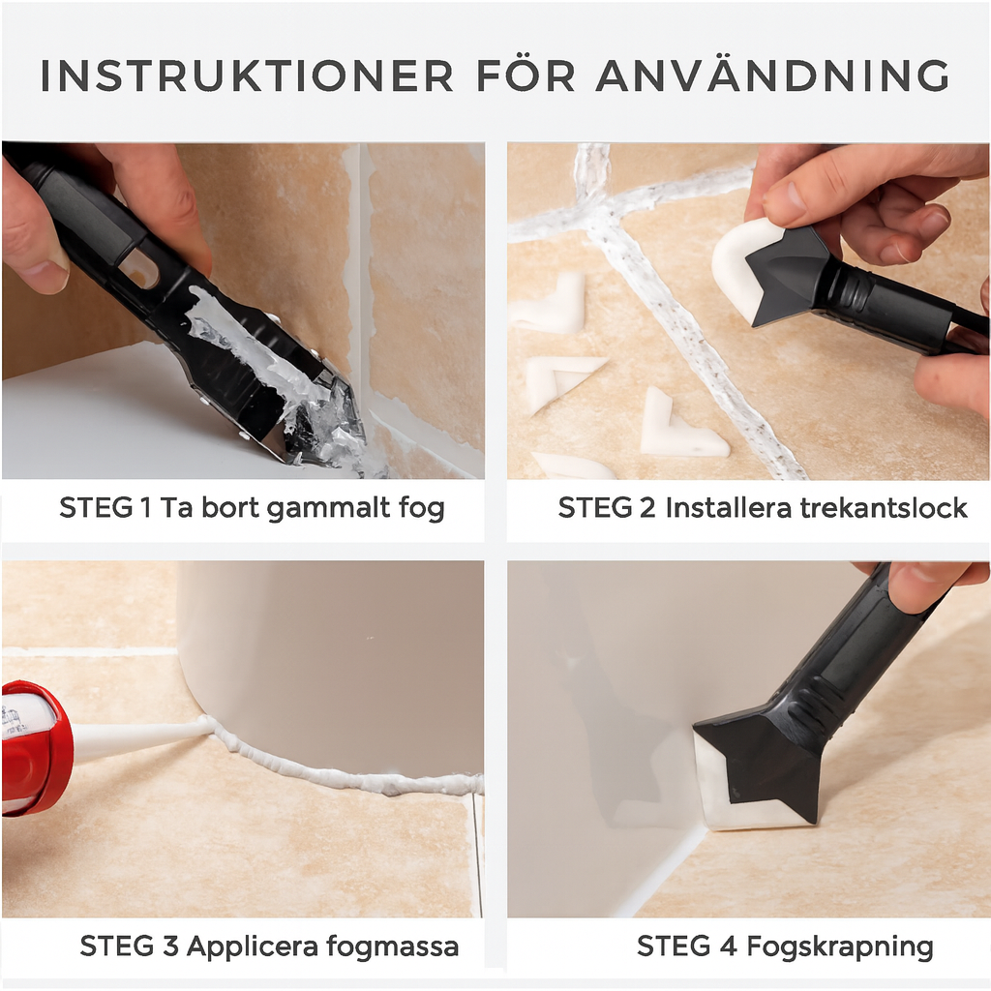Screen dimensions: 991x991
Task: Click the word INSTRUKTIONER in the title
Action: pos(247,75)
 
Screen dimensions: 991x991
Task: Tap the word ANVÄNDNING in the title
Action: pos(772,75)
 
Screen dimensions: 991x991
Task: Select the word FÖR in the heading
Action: pos(526,75)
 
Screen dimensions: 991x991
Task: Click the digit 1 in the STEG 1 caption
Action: pos(146,507)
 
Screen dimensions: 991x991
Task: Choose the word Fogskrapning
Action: pos(840,947)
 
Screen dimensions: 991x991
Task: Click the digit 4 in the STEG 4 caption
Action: pos(729,946)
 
